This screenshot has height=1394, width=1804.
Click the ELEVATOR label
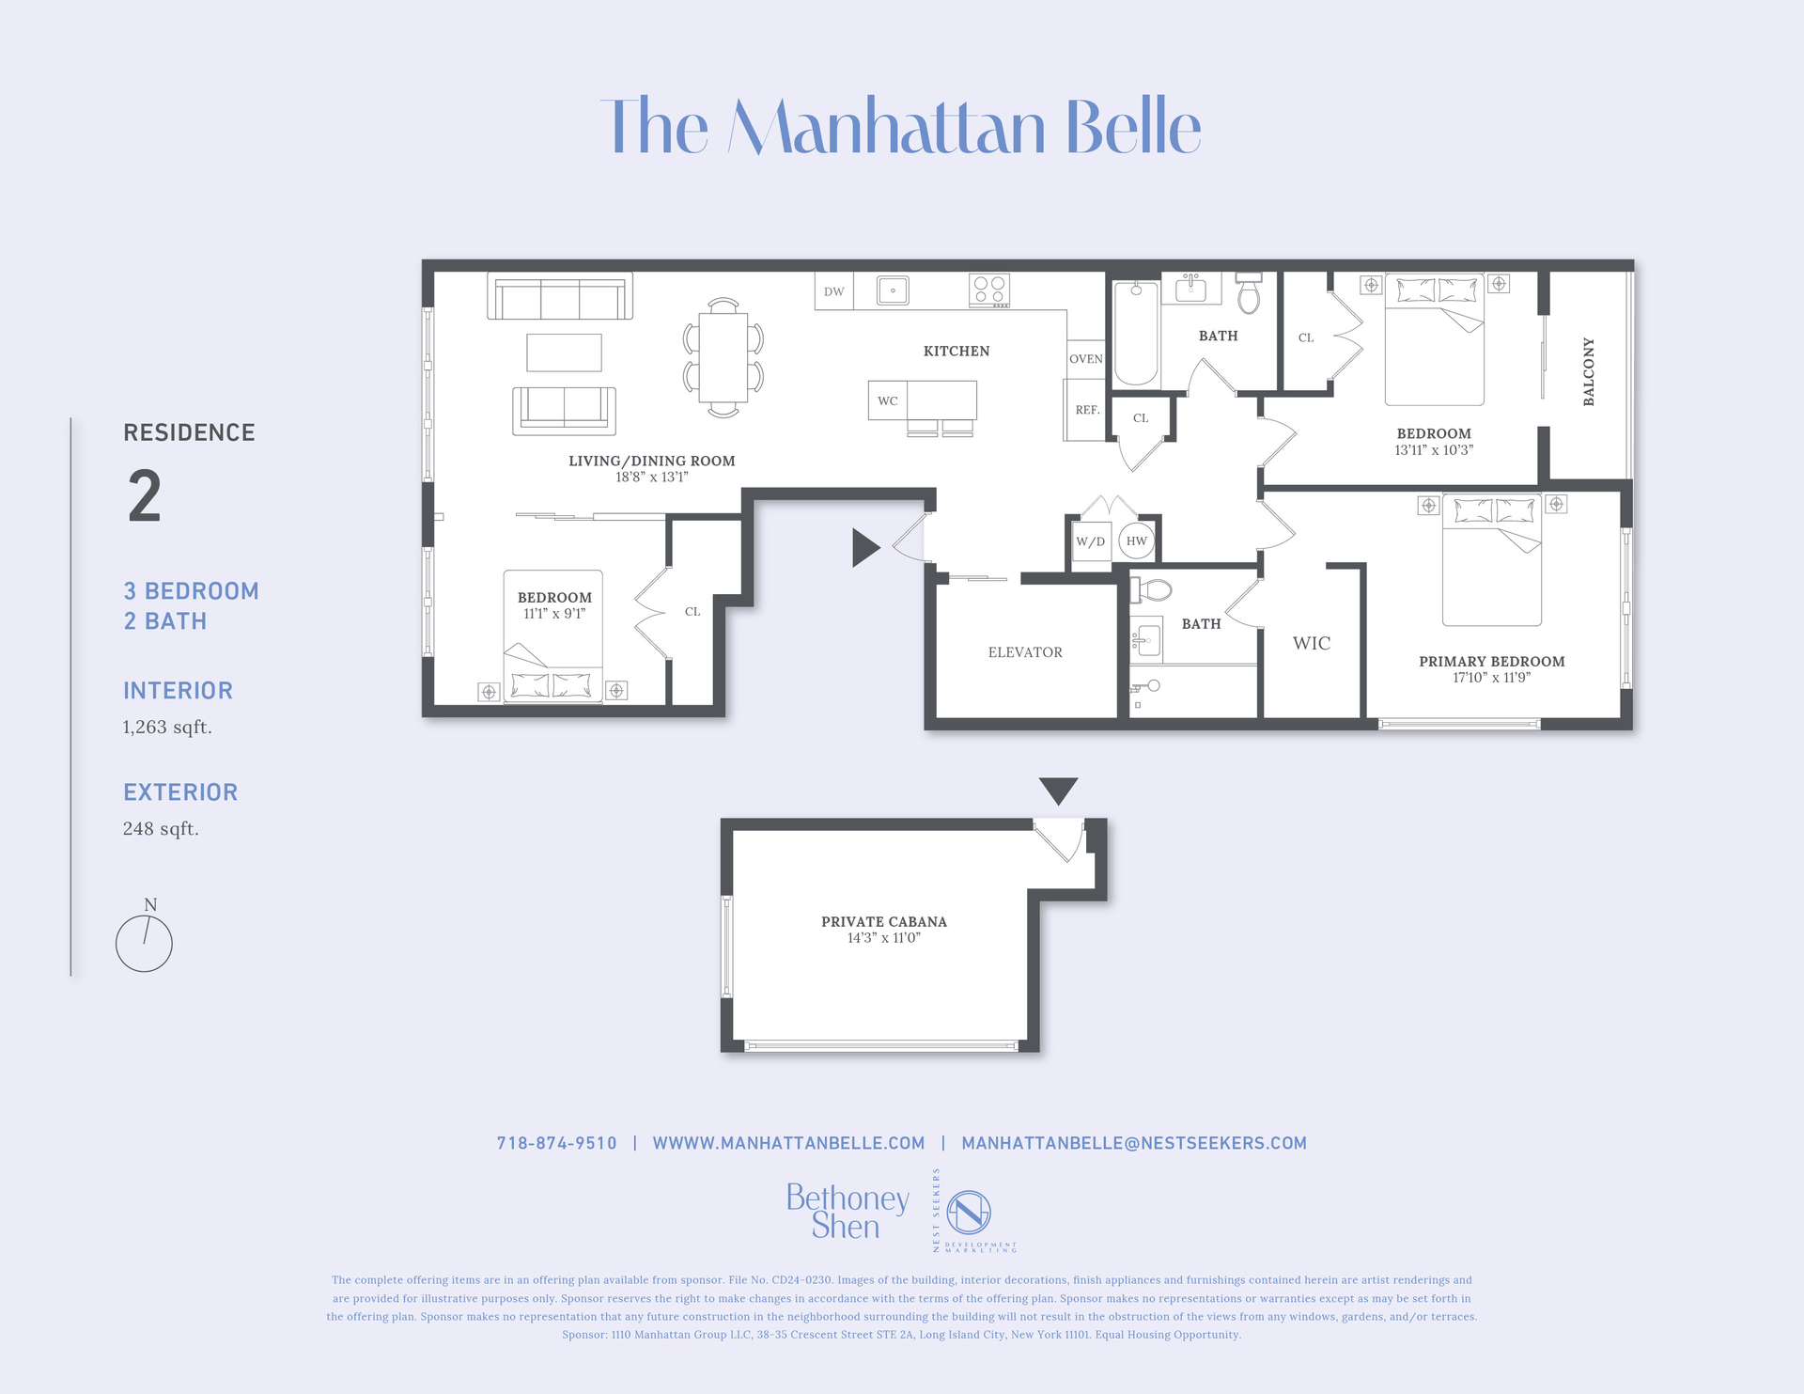pos(1025,652)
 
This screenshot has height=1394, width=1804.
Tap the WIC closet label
pos(1311,644)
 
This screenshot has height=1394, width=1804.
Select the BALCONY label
pos(1589,372)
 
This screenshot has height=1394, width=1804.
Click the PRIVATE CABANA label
pos(883,922)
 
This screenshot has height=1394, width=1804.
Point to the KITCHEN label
pos(956,352)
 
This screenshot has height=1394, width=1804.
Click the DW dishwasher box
pos(833,291)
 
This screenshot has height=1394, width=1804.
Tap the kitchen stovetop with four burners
pos(989,290)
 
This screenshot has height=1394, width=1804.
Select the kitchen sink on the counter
pos(893,290)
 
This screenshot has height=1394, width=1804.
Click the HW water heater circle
pos(1136,541)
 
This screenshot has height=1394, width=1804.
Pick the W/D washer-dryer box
pos(1091,541)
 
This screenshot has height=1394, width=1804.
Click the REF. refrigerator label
pos(1087,410)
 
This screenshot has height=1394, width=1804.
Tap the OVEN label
pos(1085,359)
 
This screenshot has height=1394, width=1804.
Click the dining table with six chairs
pos(723,357)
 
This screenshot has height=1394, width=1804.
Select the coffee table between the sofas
pos(564,352)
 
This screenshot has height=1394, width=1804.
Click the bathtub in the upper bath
pos(1136,333)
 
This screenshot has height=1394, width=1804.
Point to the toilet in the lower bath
pos(1152,590)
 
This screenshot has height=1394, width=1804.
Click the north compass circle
pos(144,944)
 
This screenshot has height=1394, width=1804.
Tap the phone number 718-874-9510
pos(556,1143)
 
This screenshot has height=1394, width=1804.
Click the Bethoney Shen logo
pos(847,1212)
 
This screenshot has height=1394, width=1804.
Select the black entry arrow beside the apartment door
pos(864,547)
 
